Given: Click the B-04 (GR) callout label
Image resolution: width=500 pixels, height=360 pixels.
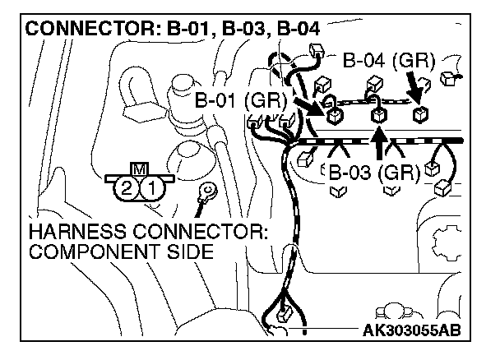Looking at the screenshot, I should click(388, 61).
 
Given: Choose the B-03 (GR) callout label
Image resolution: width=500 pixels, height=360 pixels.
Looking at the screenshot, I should click(374, 173).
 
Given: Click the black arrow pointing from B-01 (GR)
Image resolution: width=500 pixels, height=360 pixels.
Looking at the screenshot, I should click(308, 105).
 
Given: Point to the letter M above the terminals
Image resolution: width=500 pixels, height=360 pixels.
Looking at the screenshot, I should click(139, 170).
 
